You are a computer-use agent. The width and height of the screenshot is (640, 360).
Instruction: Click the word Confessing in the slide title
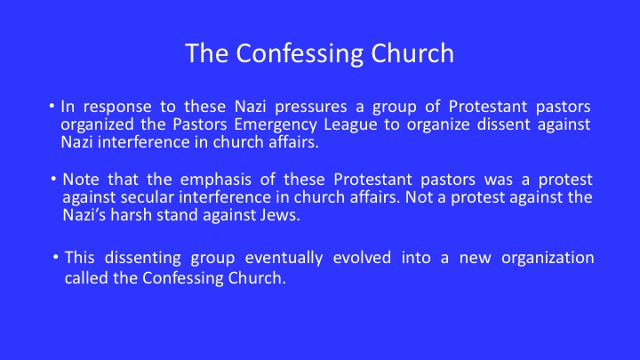tap(300, 54)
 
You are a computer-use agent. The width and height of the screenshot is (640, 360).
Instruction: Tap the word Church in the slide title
tap(412, 53)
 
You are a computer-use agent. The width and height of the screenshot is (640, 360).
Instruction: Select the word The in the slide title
tap(206, 53)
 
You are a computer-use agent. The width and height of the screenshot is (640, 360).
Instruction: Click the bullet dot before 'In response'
tap(52, 106)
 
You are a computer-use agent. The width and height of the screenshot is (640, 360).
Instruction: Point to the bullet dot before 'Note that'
tap(53, 179)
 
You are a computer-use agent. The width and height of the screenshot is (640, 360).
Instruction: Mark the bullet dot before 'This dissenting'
tap(56, 258)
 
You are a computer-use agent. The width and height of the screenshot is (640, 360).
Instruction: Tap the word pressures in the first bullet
tap(310, 108)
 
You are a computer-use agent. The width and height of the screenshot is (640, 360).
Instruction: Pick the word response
tap(117, 108)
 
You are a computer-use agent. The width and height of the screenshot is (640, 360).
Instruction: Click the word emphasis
tap(215, 180)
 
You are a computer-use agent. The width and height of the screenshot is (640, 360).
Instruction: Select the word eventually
tap(284, 259)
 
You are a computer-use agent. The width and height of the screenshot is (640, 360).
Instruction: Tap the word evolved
tap(362, 258)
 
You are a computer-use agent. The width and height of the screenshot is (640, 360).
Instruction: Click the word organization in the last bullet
tap(548, 259)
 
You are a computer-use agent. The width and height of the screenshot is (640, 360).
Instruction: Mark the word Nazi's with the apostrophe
tap(84, 215)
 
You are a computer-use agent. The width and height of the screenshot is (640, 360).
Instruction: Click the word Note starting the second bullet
tap(80, 180)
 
